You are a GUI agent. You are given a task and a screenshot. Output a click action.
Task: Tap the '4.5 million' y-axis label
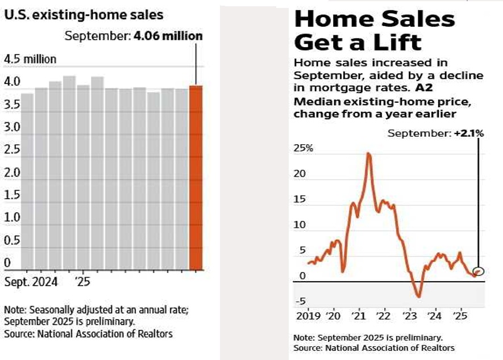[x=30, y=60]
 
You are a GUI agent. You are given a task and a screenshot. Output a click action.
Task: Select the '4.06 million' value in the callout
[x=168, y=36]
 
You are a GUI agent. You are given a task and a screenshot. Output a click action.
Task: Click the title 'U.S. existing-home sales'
[x=84, y=15]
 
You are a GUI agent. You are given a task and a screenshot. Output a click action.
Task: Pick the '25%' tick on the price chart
[x=303, y=149]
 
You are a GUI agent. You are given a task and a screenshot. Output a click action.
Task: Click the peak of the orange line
[x=369, y=153]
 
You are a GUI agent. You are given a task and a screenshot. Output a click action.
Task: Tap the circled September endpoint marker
[x=479, y=271]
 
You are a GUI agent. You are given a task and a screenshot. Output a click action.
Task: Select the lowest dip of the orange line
[x=418, y=296]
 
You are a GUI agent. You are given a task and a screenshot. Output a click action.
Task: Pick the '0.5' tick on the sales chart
[x=12, y=240]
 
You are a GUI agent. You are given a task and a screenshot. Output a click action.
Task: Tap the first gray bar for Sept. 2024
[x=27, y=181]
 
